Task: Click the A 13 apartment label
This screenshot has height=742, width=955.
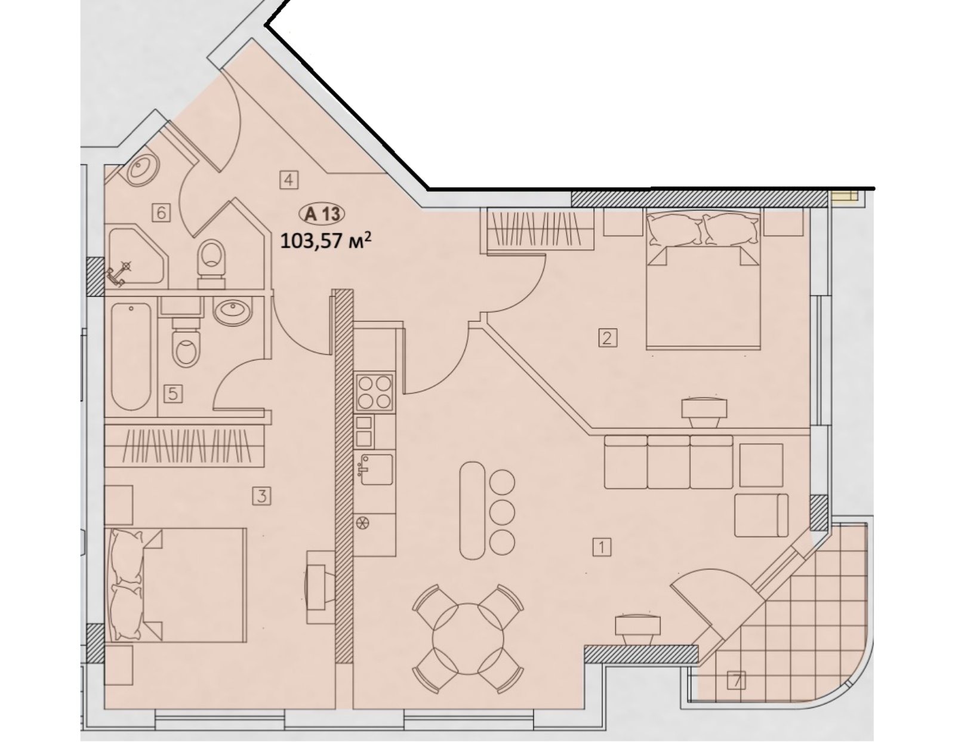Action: pos(322,214)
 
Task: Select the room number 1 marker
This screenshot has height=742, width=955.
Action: pos(602,547)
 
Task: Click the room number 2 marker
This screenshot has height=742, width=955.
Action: pos(607,338)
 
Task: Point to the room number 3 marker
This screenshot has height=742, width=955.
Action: pos(261,497)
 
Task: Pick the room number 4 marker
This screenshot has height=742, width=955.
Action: pos(288,180)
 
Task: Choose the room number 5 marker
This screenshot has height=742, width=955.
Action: pos(173,393)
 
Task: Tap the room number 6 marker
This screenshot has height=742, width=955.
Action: pos(161,213)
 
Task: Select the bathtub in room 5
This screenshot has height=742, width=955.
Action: pos(131,356)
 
